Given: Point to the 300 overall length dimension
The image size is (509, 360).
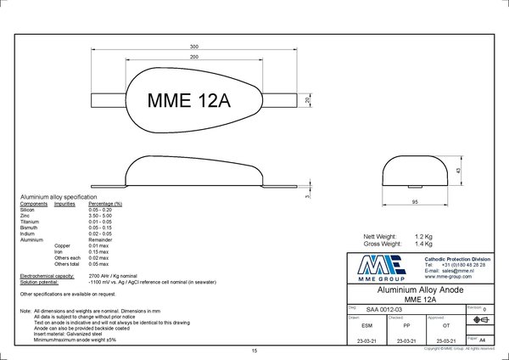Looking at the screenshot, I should tap(194, 45).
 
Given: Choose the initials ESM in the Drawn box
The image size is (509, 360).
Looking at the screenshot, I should tap(365, 324).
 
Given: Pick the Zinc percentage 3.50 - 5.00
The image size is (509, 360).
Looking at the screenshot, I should tap(103, 215).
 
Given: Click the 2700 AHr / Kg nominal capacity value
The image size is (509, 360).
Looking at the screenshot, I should tap(114, 276).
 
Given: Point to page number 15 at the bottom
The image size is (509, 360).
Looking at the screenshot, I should tap(254, 351).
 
